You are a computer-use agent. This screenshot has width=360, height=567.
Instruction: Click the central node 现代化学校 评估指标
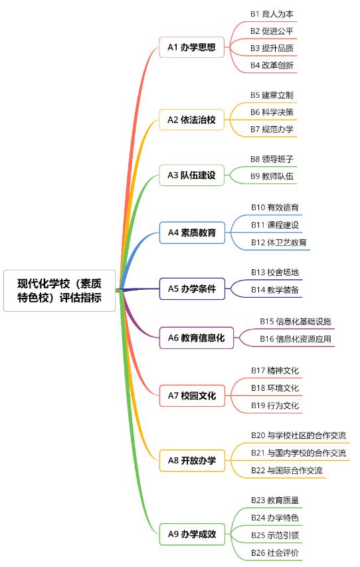coord(59,290)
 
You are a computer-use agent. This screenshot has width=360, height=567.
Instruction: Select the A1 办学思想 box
coord(191,47)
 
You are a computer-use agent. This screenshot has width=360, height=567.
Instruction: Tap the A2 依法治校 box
coord(191,120)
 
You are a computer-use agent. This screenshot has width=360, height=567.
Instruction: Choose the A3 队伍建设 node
coord(191,175)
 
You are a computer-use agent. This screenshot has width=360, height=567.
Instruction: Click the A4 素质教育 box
coord(192,233)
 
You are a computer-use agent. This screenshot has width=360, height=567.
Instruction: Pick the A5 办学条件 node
coord(192,288)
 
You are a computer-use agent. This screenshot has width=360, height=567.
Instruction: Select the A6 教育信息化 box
coord(196,338)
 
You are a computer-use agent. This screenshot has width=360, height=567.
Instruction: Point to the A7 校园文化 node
coord(192,396)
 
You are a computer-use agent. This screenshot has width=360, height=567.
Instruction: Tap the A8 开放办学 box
coord(192,461)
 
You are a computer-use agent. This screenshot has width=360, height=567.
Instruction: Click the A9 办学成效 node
coord(192,534)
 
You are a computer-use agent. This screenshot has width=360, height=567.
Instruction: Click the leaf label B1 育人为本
coord(272,14)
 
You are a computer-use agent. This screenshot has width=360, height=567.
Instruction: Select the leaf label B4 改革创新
coord(272,65)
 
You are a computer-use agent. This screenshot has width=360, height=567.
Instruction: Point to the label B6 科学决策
coord(272,112)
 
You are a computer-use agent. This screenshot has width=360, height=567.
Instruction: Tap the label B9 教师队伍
coord(272,176)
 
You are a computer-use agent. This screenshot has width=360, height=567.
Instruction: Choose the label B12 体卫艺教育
coord(279,242)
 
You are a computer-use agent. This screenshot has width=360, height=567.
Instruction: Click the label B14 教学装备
coord(275,290)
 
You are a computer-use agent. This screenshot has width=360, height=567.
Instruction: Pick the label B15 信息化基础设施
coord(296,322)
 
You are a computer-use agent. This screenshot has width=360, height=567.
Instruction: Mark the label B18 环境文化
coord(275,388)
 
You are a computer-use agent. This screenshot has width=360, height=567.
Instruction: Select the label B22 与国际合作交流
coord(287,471)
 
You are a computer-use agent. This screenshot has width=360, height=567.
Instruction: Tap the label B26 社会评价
coord(275,553)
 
